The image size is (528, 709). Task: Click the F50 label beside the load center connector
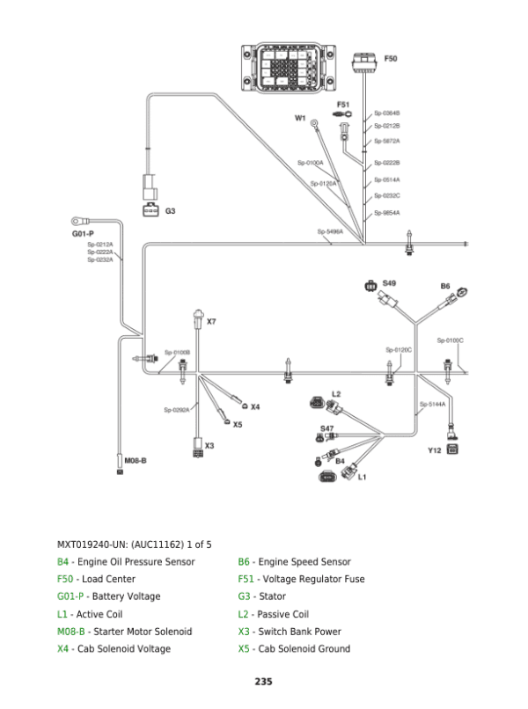(x=392, y=58)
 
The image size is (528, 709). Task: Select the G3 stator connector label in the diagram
(x=171, y=211)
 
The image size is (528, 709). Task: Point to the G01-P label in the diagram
(x=83, y=234)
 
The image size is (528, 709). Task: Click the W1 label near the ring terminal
(x=299, y=117)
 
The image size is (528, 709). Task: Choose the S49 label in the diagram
(x=389, y=282)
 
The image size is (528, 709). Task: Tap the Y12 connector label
(x=434, y=450)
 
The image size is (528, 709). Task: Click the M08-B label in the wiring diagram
(x=135, y=460)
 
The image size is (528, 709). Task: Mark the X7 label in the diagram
(x=211, y=321)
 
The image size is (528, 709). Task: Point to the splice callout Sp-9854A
(x=386, y=213)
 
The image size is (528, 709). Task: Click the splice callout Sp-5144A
(x=432, y=404)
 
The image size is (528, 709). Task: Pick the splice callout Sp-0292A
(x=177, y=410)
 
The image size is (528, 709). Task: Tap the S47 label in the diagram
(x=326, y=428)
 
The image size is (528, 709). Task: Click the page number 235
(x=264, y=682)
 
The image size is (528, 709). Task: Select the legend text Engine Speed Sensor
(x=304, y=562)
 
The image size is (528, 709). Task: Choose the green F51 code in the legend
(x=246, y=580)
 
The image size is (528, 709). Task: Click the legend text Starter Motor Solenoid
(x=135, y=632)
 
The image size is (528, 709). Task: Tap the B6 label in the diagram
(x=445, y=286)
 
